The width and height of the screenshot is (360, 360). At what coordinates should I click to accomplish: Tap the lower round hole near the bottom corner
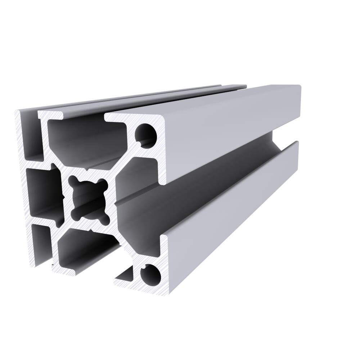(150, 275)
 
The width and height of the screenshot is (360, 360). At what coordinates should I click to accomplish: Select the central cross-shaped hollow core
(89, 198)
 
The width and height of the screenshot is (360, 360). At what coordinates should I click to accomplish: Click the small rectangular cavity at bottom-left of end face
(41, 245)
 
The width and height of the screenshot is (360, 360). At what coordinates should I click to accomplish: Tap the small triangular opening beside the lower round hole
(126, 276)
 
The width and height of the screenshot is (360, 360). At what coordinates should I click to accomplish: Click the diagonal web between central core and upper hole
(122, 164)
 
